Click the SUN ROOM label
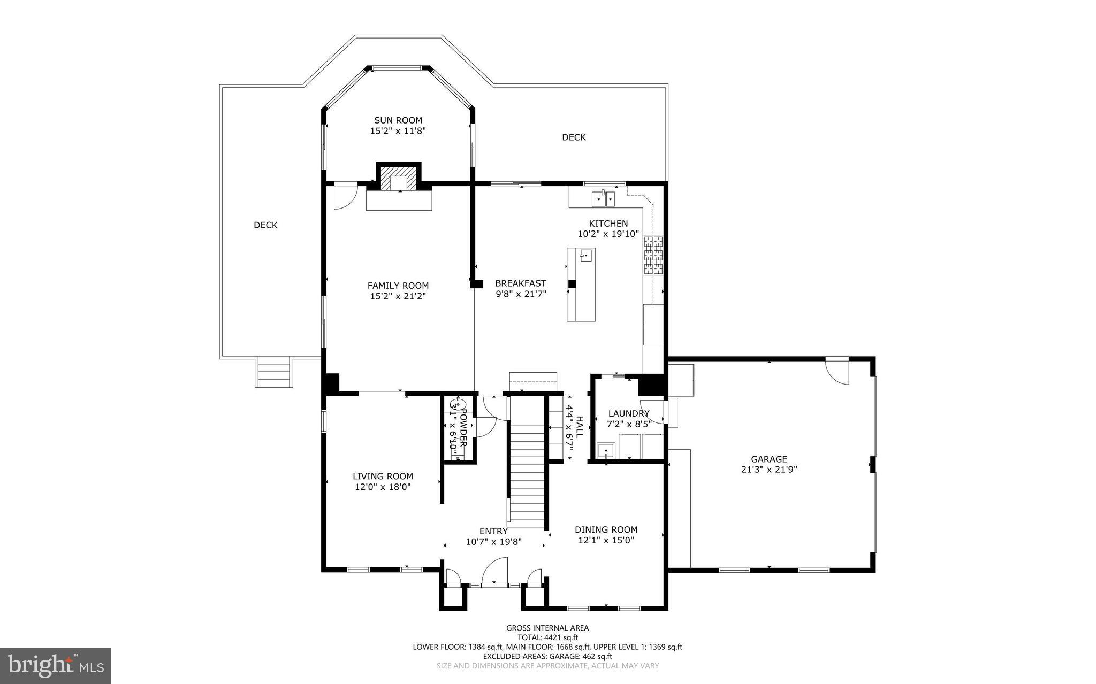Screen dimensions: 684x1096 (x=398, y=120)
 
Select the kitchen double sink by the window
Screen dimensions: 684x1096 (x=603, y=199)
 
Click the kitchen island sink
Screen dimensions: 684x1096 (x=585, y=256)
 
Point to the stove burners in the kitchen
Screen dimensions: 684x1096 (x=653, y=255)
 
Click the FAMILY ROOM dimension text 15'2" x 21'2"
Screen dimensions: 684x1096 (x=398, y=296)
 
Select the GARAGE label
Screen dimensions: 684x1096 (x=768, y=459)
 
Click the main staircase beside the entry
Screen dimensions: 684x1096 (x=527, y=471)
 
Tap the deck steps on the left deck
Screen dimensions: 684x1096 (x=275, y=371)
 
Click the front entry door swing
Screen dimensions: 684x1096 (x=495, y=572)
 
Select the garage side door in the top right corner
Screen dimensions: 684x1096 (x=836, y=370)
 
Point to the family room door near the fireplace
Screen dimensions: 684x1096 (x=344, y=197)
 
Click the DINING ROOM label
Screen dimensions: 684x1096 (x=606, y=529)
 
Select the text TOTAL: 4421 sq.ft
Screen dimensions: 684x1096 (x=547, y=637)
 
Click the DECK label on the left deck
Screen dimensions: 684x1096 (x=265, y=225)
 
